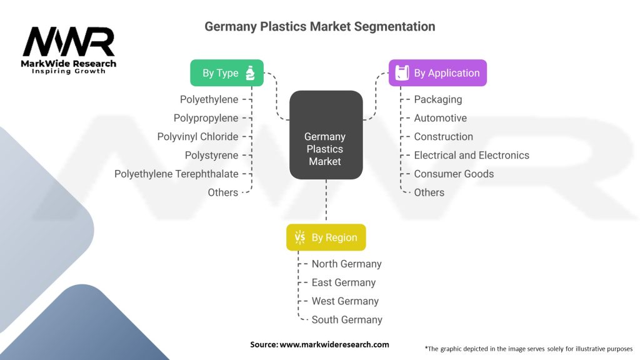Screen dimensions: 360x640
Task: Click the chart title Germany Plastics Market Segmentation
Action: point(319,27)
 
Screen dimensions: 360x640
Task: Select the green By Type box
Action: point(226,73)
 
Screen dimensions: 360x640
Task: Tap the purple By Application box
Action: point(437,73)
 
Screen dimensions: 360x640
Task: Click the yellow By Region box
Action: point(326,237)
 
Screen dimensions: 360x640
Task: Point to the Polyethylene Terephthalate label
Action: point(176,174)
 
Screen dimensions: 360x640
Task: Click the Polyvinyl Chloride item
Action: point(197,136)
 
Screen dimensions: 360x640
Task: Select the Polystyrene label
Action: point(211,155)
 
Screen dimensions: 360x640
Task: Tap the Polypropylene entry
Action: point(206,118)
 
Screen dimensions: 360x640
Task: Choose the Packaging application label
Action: point(438,99)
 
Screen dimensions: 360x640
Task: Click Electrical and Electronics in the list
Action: point(471,155)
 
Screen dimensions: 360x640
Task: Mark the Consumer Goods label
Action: point(454,174)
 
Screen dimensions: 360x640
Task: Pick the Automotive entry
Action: point(440,118)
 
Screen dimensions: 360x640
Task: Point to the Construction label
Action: point(443,136)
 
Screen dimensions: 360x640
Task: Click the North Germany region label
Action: point(346,264)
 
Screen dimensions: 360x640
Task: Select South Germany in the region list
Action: point(347,319)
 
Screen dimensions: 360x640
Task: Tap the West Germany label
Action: point(345,301)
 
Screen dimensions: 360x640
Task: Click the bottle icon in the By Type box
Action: point(250,73)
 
